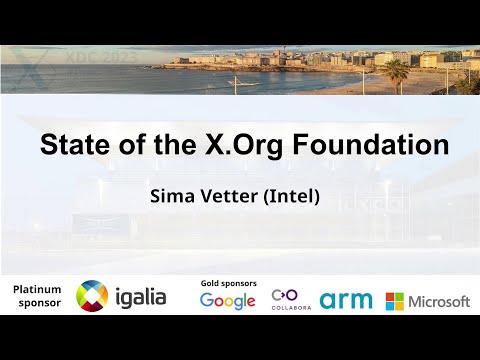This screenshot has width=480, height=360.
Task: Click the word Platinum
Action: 37,289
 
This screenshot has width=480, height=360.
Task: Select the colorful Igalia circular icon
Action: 92,296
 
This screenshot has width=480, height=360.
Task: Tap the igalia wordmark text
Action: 140,297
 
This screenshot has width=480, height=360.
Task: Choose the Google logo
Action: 228,301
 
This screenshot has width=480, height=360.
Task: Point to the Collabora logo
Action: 291,300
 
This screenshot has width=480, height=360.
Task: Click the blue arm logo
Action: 346,300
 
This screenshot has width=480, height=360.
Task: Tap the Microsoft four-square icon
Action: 395,301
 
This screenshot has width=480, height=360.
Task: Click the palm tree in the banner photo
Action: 397,72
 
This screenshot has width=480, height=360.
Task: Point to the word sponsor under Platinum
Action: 38,303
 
